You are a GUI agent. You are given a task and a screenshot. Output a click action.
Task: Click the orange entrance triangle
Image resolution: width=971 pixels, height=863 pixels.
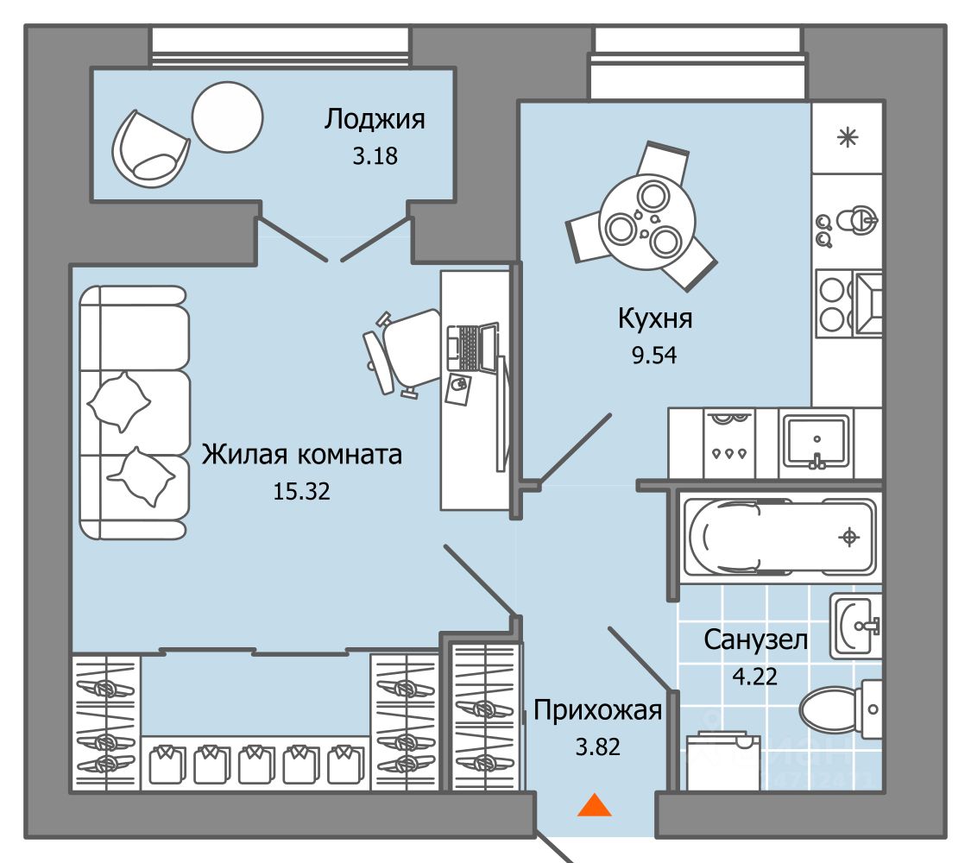[594, 805]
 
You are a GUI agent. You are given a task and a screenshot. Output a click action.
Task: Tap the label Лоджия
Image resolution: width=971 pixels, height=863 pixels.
[375, 119]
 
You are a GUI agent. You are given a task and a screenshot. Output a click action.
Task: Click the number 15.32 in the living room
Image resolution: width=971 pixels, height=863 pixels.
[300, 491]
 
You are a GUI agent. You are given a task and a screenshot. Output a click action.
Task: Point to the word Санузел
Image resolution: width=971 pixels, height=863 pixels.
[755, 639]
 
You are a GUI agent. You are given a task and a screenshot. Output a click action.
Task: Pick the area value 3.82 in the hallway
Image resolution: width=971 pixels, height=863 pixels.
[598, 746]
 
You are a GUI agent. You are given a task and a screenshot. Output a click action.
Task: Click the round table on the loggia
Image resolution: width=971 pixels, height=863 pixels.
[227, 120]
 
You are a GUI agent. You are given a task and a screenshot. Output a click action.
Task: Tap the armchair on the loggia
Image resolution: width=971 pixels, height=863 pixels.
[148, 148]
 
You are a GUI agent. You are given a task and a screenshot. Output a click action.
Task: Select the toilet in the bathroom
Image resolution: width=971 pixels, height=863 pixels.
[835, 709]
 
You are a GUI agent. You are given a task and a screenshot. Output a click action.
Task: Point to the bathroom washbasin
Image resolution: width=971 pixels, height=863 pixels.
[855, 625]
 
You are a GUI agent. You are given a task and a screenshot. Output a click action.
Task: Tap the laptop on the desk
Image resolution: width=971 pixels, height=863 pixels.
[472, 349]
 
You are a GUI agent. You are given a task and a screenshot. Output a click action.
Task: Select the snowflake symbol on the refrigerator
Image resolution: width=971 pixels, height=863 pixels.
[848, 137]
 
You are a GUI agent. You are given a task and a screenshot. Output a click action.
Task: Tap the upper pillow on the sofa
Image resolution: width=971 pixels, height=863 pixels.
[119, 402]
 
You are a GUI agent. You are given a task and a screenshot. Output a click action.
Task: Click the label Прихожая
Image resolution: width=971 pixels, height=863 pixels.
[598, 711]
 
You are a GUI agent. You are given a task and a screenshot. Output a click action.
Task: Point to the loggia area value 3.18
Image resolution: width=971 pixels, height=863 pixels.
[375, 157]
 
